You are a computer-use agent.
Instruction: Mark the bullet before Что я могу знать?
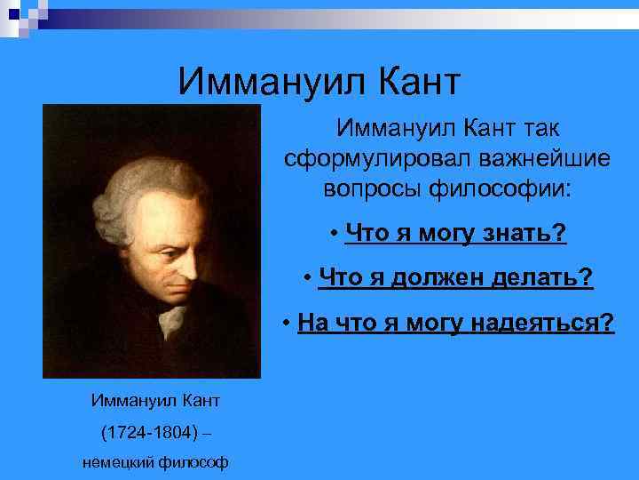331,234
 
